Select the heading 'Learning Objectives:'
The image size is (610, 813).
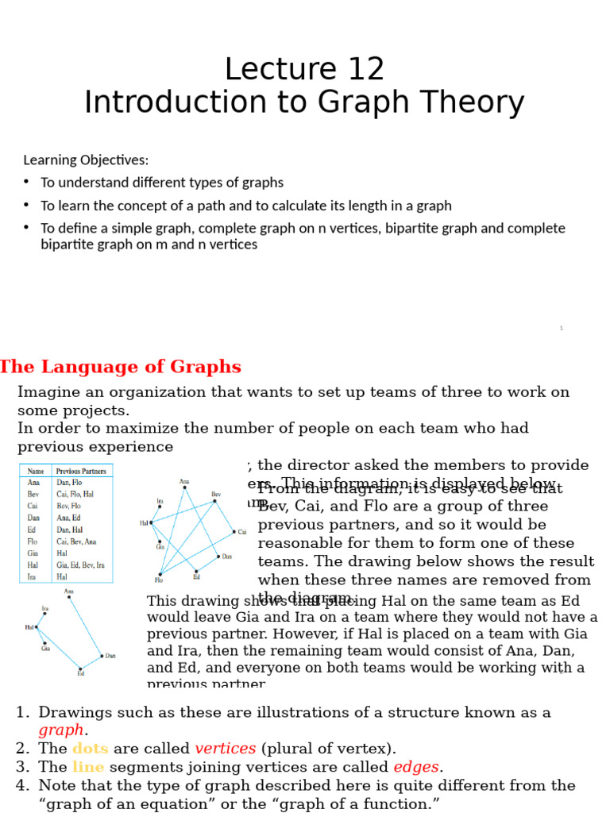(86, 160)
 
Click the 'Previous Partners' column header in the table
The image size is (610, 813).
(81, 471)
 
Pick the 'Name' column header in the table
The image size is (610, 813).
(36, 471)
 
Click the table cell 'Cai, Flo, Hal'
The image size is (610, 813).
(75, 493)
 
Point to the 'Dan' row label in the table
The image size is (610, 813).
(34, 517)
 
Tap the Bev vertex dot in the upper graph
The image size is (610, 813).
(214, 501)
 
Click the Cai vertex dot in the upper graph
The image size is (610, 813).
(234, 531)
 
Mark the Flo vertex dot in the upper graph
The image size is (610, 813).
(160, 574)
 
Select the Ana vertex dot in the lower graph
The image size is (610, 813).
(69, 597)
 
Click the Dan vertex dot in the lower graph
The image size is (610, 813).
(102, 656)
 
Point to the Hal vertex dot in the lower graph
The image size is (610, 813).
(37, 627)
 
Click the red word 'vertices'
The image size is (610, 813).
(226, 749)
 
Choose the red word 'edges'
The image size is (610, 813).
(416, 767)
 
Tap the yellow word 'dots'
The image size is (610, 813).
(90, 749)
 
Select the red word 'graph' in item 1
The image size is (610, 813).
(60, 730)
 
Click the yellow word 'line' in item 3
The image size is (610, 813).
(87, 767)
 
